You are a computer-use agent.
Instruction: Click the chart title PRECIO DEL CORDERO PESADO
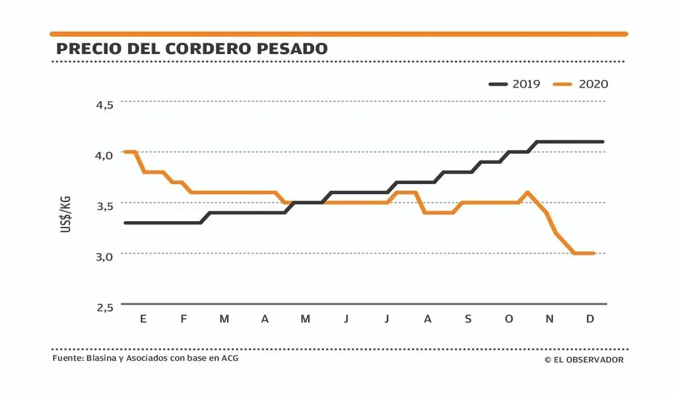coord(191,49)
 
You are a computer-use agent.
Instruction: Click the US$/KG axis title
coord(66,213)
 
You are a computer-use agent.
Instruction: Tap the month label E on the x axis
coord(143,319)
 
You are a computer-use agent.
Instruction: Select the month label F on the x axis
coord(184,319)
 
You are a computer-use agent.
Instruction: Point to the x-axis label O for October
coord(508,319)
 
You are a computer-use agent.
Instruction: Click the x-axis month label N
coord(549,319)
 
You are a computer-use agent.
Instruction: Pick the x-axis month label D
coord(590,319)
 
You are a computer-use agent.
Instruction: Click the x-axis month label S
coord(468,319)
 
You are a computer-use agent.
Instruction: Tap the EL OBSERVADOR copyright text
coord(584,360)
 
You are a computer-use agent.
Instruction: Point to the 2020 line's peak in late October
coord(527,193)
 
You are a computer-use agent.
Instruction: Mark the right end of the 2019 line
coord(602,142)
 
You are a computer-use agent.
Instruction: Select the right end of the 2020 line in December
coord(594,253)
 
